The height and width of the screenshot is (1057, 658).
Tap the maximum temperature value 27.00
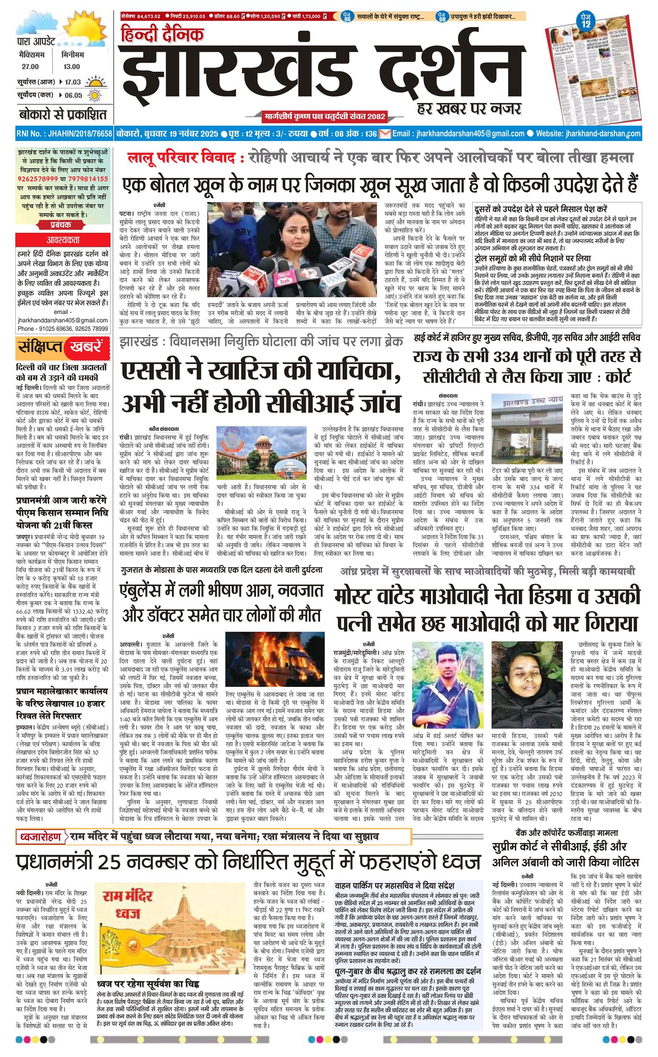31,66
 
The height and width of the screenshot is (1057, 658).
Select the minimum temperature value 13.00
72,66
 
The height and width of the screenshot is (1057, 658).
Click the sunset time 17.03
73,82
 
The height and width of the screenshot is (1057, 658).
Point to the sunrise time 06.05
73,95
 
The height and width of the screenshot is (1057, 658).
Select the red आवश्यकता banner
63,240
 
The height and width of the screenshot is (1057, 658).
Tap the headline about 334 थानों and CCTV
527,366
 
